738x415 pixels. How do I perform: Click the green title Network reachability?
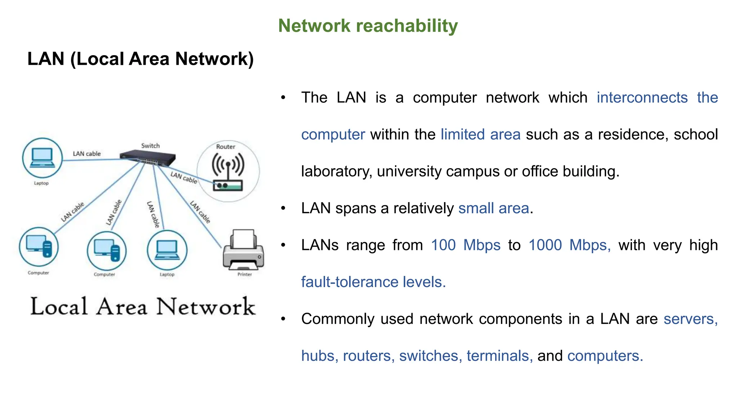click(368, 26)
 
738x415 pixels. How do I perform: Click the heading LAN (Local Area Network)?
click(141, 59)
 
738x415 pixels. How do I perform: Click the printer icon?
click(244, 250)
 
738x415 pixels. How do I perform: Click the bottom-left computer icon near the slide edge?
click(39, 247)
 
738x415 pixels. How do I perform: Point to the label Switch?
click(150, 146)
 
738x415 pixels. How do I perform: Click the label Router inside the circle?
click(226, 147)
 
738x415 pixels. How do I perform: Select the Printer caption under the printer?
click(244, 275)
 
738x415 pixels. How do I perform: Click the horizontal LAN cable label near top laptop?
click(87, 154)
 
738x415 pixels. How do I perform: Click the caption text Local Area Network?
click(143, 307)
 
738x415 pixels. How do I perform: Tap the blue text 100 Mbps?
click(466, 245)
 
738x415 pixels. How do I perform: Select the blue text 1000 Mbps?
click(569, 245)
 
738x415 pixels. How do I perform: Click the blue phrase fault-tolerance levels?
click(373, 282)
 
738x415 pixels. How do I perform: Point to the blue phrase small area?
click(493, 209)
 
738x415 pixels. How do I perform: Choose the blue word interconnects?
click(642, 98)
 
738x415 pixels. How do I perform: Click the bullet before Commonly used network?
click(283, 319)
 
